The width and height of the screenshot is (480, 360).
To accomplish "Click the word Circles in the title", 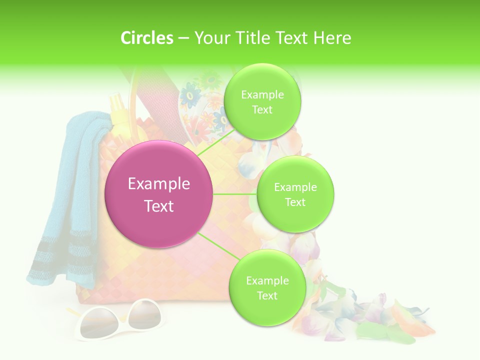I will point(147,38).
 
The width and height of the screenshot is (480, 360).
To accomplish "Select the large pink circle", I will point(159,194).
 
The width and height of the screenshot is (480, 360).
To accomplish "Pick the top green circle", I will point(262,102).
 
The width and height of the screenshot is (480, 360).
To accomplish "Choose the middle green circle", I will point(295,194).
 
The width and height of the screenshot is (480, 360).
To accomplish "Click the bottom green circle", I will point(266,288).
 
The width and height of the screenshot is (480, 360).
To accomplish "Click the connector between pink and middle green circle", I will point(234,194).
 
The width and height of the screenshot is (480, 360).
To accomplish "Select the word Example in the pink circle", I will point(159,184).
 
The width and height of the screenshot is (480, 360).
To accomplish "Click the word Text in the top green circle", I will point(262,110).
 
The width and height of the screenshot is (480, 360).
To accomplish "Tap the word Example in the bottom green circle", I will point(267,280).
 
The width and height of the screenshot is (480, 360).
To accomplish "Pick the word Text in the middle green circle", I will point(295,202).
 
